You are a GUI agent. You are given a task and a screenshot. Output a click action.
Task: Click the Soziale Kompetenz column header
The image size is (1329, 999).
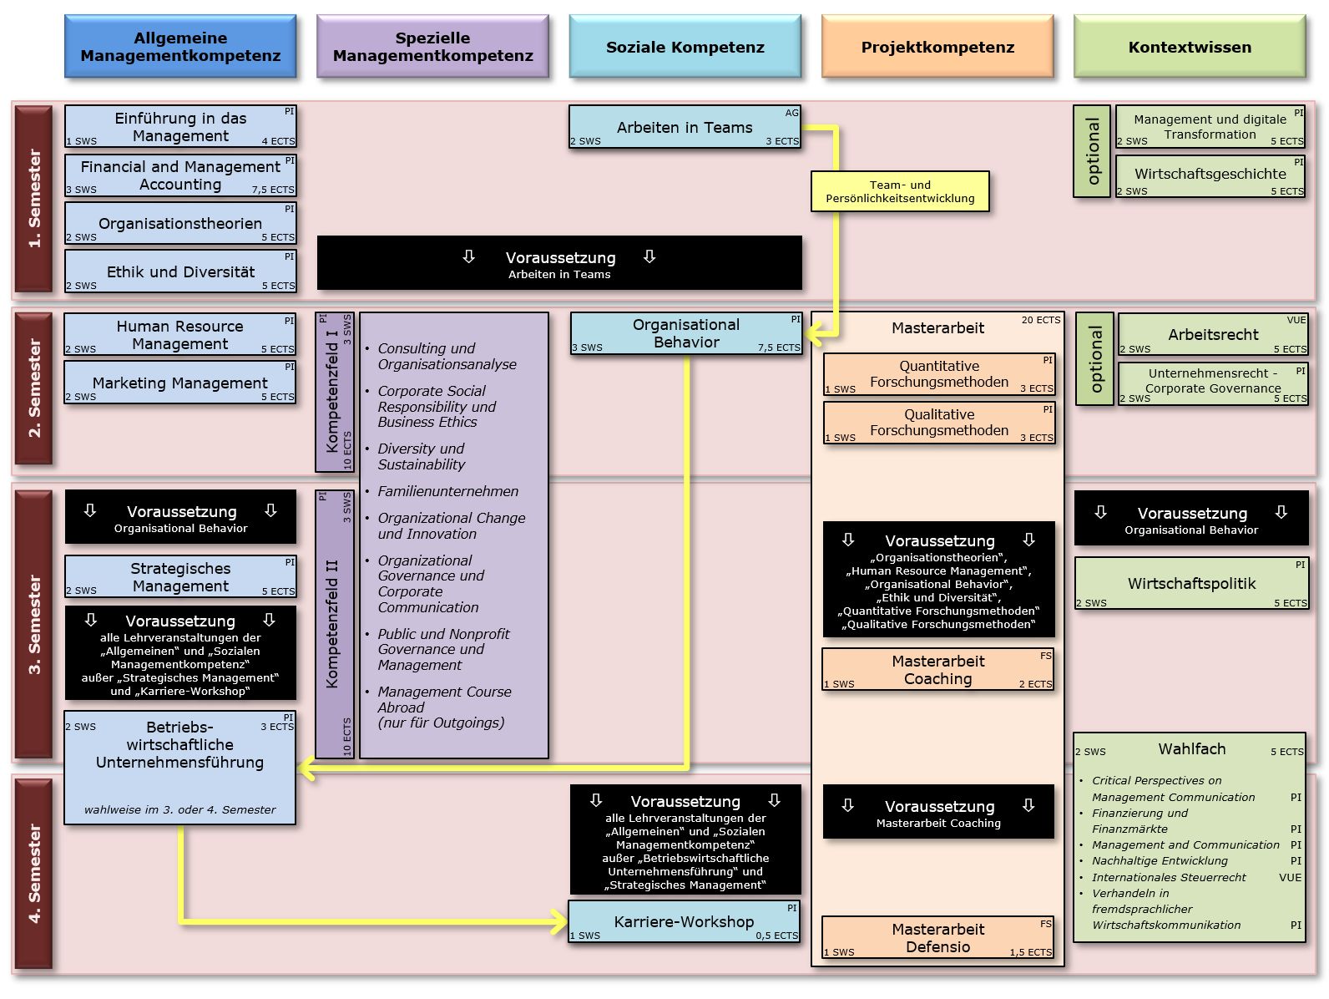685,47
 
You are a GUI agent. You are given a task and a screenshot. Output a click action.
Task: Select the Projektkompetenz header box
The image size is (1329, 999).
937,47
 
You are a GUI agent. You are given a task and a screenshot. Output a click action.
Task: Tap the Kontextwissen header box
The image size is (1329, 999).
1190,47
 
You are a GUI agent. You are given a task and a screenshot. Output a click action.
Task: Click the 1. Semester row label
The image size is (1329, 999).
34,198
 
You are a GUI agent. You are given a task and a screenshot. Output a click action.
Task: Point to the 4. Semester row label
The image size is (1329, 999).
34,873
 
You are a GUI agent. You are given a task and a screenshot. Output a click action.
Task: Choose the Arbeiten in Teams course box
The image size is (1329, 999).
685,127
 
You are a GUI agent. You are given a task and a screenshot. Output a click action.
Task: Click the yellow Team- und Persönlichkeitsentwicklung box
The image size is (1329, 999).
900,191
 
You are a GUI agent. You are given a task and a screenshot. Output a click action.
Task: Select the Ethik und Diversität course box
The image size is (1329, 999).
180,271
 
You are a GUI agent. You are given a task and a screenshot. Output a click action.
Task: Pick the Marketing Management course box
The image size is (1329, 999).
180,383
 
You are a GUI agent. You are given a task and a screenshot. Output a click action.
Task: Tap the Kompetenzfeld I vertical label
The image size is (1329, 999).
334,392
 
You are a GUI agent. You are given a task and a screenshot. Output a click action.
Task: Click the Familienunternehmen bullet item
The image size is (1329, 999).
447,491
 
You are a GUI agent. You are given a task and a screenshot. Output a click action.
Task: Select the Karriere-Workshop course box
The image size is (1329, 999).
684,921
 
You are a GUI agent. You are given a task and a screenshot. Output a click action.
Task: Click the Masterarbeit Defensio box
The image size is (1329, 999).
937,937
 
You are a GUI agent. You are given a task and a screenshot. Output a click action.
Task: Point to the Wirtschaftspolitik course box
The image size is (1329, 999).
1191,583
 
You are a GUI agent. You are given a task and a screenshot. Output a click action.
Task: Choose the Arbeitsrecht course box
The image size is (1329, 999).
1213,334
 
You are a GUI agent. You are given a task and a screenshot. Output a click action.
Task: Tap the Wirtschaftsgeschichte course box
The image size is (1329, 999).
1210,174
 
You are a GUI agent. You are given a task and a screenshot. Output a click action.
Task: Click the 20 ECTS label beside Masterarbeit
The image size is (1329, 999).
1040,320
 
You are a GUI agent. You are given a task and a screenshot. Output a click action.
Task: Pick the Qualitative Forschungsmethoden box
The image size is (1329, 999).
939,422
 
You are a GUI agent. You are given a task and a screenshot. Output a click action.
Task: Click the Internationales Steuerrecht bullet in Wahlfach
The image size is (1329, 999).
1169,877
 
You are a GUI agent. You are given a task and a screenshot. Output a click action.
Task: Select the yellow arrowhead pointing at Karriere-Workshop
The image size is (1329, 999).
558,922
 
